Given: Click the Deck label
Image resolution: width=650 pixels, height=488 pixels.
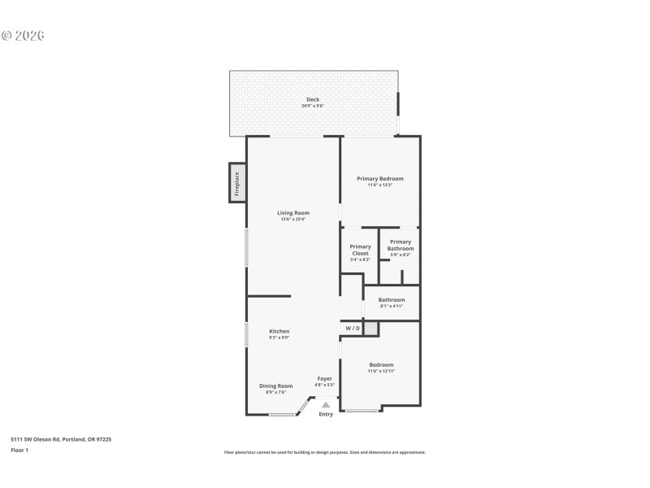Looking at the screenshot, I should (313, 99).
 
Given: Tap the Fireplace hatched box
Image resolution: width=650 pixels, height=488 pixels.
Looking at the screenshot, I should (237, 183).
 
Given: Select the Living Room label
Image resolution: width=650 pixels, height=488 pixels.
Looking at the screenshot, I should (292, 213).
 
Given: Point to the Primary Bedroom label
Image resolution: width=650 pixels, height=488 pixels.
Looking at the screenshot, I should (379, 179).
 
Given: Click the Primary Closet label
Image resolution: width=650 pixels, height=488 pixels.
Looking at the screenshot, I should (360, 250).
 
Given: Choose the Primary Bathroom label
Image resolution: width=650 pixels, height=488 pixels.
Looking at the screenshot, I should (400, 245).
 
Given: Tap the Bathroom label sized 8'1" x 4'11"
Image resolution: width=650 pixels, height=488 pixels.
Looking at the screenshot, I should (391, 300).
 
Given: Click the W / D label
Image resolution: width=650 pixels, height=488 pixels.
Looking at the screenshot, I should (352, 329).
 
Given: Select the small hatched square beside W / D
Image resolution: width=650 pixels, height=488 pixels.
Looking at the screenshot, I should (370, 329).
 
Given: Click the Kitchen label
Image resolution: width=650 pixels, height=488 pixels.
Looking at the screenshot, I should (279, 331).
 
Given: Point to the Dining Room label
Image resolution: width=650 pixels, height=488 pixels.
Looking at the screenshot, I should (275, 386).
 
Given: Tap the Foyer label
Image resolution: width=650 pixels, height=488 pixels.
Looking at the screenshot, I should (324, 379).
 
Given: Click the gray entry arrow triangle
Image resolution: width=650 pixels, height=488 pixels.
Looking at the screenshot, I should (326, 403).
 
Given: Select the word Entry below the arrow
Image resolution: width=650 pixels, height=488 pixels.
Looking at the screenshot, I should (326, 415).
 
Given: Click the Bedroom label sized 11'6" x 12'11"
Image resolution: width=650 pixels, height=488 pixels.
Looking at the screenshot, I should (381, 365).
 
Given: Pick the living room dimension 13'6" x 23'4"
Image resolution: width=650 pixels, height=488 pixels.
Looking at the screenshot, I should (292, 220).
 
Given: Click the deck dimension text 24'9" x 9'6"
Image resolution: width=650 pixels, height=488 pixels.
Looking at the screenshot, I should (313, 106).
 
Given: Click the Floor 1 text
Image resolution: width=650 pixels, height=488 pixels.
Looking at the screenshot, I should (19, 450).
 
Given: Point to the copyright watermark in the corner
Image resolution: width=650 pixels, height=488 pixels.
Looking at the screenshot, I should (23, 36).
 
